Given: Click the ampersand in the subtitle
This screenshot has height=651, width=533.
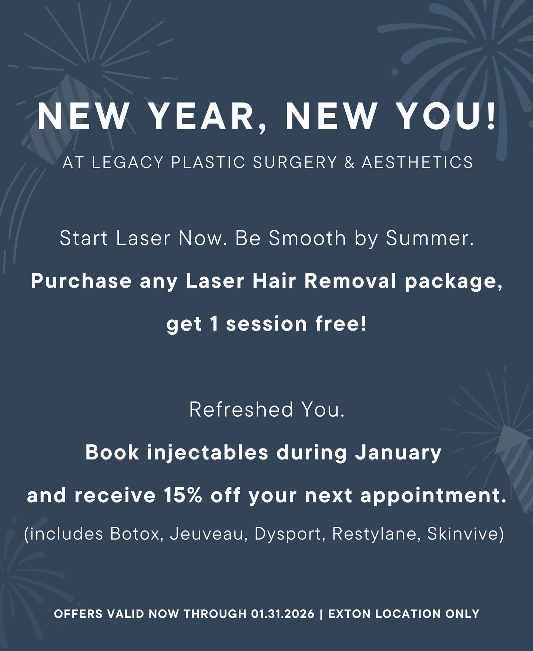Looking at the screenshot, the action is [x=349, y=162].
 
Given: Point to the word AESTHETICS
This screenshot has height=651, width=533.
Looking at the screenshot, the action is [x=417, y=162].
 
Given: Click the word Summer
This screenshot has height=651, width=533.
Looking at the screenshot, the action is [x=430, y=238].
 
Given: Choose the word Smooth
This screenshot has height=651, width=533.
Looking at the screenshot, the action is [x=307, y=238].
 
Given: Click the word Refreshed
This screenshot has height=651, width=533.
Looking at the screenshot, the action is [x=242, y=409].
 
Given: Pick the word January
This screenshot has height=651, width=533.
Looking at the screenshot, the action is [x=398, y=452].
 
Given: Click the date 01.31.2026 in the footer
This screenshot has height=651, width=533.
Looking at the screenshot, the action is [x=282, y=614].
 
